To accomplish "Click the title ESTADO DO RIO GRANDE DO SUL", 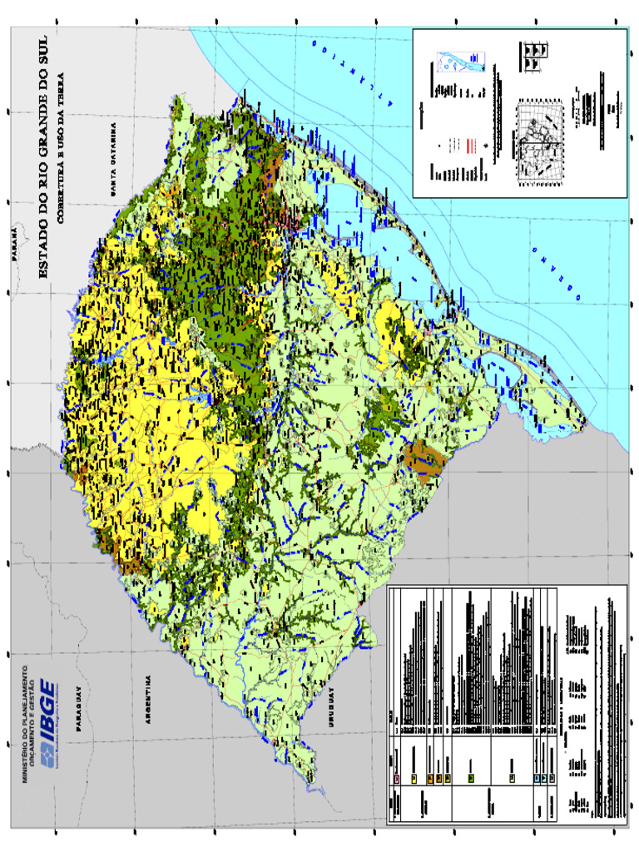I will (x=44, y=150).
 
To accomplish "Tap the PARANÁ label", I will (x=15, y=243).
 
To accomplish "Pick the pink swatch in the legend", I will (x=396, y=779).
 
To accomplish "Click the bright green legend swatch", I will (x=471, y=779).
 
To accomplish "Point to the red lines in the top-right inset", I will (x=471, y=145).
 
